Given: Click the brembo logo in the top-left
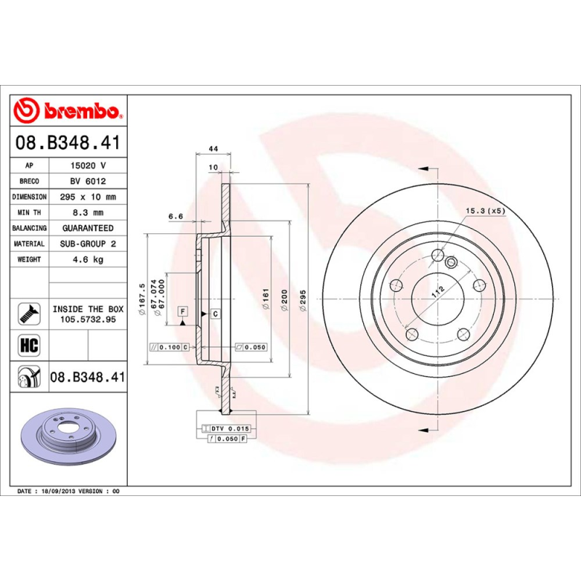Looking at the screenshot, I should [x=67, y=111].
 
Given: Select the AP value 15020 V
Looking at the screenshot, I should [x=88, y=166].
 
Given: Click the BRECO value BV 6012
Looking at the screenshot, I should [x=88, y=182].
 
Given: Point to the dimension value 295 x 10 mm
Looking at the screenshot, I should [x=88, y=197].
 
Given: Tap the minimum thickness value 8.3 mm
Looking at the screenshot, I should [x=88, y=213].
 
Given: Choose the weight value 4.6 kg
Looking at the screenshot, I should [x=88, y=259].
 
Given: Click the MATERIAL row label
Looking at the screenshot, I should [x=29, y=244].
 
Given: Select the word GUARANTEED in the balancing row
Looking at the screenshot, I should [x=88, y=228].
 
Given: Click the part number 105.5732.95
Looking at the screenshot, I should [x=88, y=319].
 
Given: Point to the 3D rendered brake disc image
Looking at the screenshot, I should [x=69, y=436].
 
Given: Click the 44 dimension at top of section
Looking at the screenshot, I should [x=214, y=149].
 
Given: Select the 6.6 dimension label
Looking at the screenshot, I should [x=175, y=216].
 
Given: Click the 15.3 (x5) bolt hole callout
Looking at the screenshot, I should [x=486, y=211].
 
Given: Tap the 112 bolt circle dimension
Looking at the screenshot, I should [x=436, y=293].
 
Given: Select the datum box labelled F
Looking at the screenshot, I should [x=184, y=312].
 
